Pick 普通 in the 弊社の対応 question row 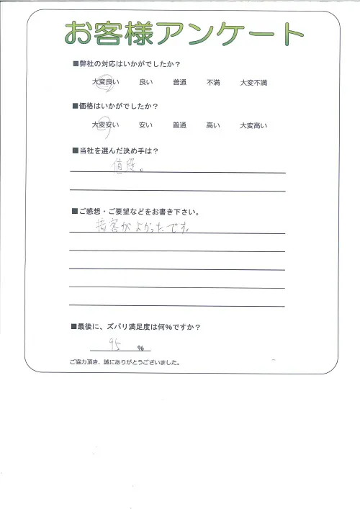coord(179,83)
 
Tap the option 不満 coord(213,83)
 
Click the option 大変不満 coord(253,83)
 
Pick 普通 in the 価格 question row coord(179,125)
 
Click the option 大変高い coord(253,125)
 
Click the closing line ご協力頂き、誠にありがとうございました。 coord(125,362)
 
